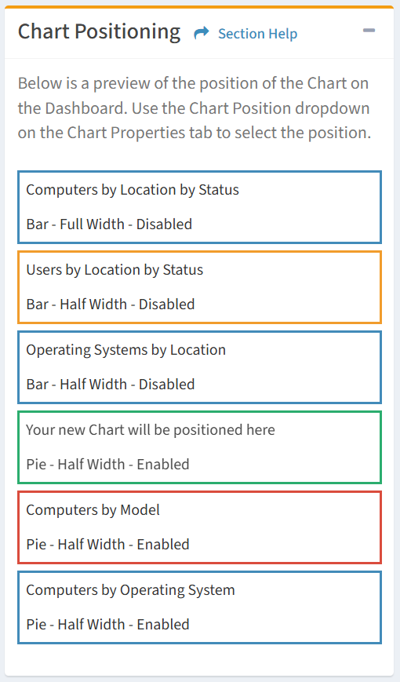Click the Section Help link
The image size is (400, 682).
click(x=257, y=34)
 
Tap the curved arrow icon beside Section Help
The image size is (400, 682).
click(x=202, y=33)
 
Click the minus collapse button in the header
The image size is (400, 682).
click(x=369, y=31)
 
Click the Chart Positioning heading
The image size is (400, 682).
click(x=99, y=32)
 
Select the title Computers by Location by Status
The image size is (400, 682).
click(x=133, y=190)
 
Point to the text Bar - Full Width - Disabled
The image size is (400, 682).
click(x=109, y=224)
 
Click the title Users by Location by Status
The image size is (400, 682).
click(x=115, y=270)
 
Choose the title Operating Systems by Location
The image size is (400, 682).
click(x=126, y=350)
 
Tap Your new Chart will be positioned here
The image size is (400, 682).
click(x=151, y=430)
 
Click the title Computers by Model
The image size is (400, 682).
click(x=93, y=510)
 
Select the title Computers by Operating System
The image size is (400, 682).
click(x=130, y=590)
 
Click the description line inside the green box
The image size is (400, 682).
click(x=107, y=464)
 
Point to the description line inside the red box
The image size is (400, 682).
click(x=107, y=544)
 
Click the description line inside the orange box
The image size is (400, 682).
click(x=111, y=304)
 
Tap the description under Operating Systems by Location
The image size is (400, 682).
click(x=111, y=384)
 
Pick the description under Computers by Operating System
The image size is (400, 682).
click(x=107, y=624)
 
